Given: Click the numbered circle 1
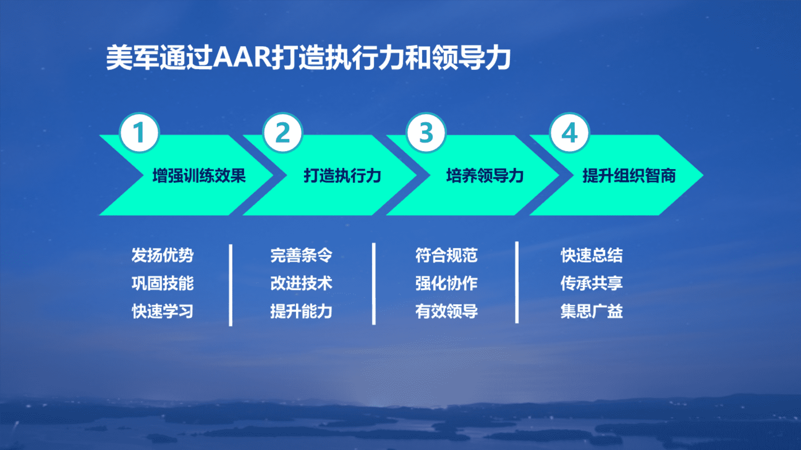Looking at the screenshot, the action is (x=139, y=133).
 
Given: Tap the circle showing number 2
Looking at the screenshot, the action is (x=283, y=133).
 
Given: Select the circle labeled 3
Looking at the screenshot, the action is (x=426, y=133).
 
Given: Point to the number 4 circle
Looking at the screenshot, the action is (x=569, y=133).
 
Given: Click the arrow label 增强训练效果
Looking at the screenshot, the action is (x=199, y=175).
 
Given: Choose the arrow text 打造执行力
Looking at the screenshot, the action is (x=343, y=175).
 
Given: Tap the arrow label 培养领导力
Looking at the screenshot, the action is (x=485, y=175).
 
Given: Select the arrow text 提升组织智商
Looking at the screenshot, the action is (x=629, y=175).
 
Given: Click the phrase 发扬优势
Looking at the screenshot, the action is (x=163, y=255).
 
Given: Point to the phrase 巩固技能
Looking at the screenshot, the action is (x=163, y=283).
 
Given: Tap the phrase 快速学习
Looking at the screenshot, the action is (x=163, y=311).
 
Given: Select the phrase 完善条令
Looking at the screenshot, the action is (x=301, y=255).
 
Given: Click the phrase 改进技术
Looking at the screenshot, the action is (x=301, y=283).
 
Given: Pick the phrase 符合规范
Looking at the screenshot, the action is (x=446, y=255).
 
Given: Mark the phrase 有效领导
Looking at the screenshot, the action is (x=446, y=311).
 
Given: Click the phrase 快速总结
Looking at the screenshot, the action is (x=592, y=255).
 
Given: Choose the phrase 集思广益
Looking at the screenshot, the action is (x=592, y=311).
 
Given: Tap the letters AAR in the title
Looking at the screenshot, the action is (x=243, y=57).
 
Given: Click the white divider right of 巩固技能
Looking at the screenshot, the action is (x=231, y=285).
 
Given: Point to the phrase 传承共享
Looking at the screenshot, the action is (x=592, y=283).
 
